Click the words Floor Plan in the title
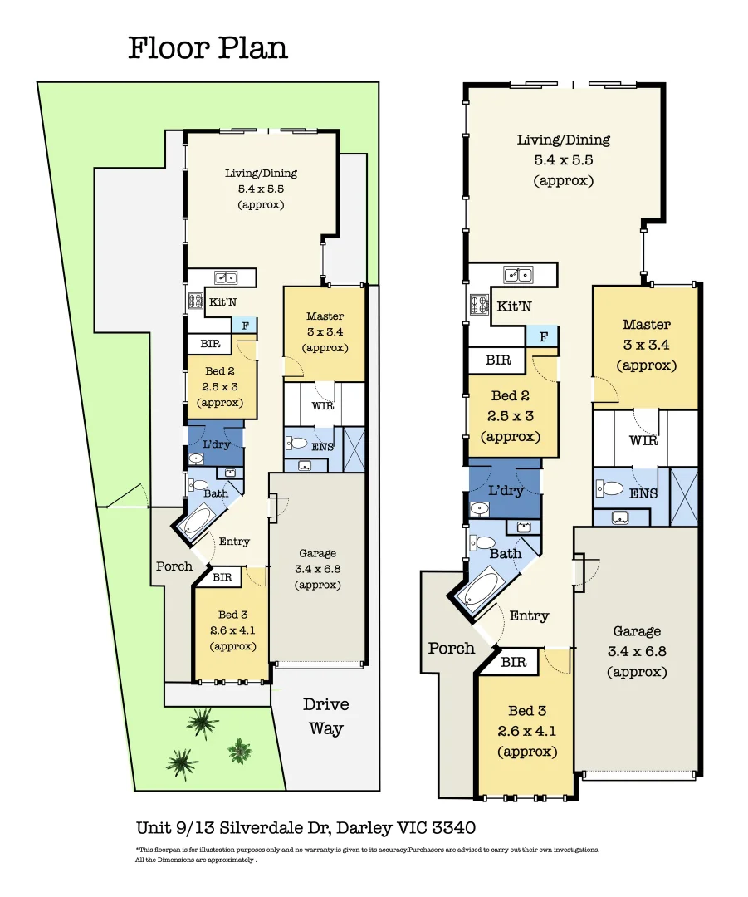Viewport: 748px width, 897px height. (x=208, y=47)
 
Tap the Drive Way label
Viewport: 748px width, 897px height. (x=325, y=717)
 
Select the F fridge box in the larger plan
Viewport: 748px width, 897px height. (x=543, y=336)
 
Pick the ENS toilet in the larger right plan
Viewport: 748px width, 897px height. (x=611, y=489)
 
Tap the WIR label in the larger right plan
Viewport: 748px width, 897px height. (x=643, y=440)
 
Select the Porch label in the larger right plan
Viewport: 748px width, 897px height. (x=452, y=648)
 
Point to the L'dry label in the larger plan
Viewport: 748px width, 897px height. (x=506, y=490)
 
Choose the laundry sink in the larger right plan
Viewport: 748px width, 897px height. (x=480, y=508)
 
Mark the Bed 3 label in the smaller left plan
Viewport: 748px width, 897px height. (x=232, y=615)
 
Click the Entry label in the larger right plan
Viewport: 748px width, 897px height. (x=529, y=615)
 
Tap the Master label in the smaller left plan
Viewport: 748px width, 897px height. (x=325, y=316)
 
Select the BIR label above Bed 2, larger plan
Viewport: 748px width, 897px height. (x=498, y=360)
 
